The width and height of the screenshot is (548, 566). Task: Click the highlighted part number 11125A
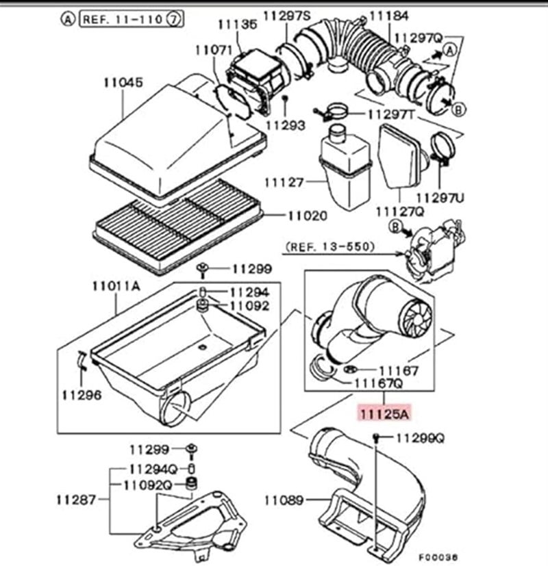[383, 413]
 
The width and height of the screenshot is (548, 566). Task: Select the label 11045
[123, 83]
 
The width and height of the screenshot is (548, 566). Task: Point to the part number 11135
[238, 25]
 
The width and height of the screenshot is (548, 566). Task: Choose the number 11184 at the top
[389, 14]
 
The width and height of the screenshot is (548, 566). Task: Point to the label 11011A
[118, 287]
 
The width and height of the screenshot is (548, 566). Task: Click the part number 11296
[81, 395]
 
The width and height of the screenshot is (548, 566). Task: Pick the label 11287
[76, 500]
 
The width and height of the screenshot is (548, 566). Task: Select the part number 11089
[284, 500]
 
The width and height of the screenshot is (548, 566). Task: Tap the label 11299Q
[421, 437]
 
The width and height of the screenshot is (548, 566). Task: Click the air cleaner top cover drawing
[178, 133]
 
